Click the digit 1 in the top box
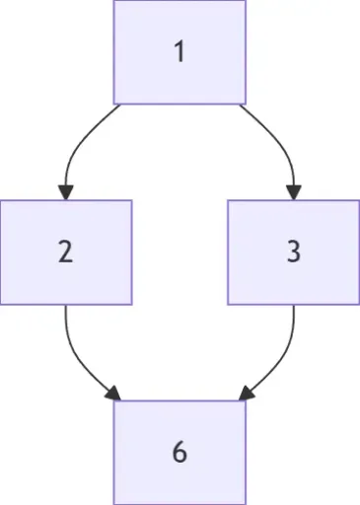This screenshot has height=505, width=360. click(x=179, y=51)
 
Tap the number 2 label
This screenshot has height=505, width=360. click(x=65, y=252)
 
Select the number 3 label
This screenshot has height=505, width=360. click(x=293, y=252)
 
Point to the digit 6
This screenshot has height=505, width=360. click(x=179, y=452)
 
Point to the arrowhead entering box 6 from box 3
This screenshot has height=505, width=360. click(x=245, y=396)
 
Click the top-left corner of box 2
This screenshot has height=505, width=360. click(x=1, y=200)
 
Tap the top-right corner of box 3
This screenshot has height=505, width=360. click(x=359, y=200)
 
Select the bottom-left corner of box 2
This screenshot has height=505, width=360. click(x=1, y=304)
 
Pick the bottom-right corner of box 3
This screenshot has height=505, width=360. click(x=359, y=304)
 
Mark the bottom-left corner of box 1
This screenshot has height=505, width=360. click(x=114, y=104)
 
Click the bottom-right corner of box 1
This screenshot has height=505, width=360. click(x=245, y=104)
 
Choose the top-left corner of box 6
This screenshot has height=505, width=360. click(x=114, y=401)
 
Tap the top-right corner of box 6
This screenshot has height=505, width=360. click(x=245, y=401)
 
